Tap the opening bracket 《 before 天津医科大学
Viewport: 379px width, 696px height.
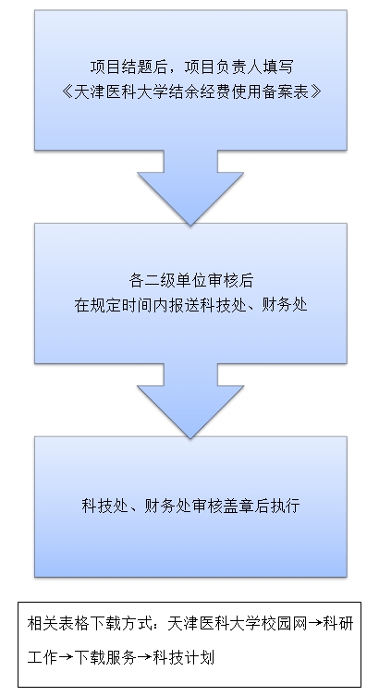coord(67,92)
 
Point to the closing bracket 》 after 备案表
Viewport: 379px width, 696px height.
coord(315,92)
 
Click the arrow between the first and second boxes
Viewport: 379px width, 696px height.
coord(190,188)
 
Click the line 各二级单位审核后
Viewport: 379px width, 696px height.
coord(190,281)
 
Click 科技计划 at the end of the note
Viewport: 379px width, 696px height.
coord(183,657)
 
